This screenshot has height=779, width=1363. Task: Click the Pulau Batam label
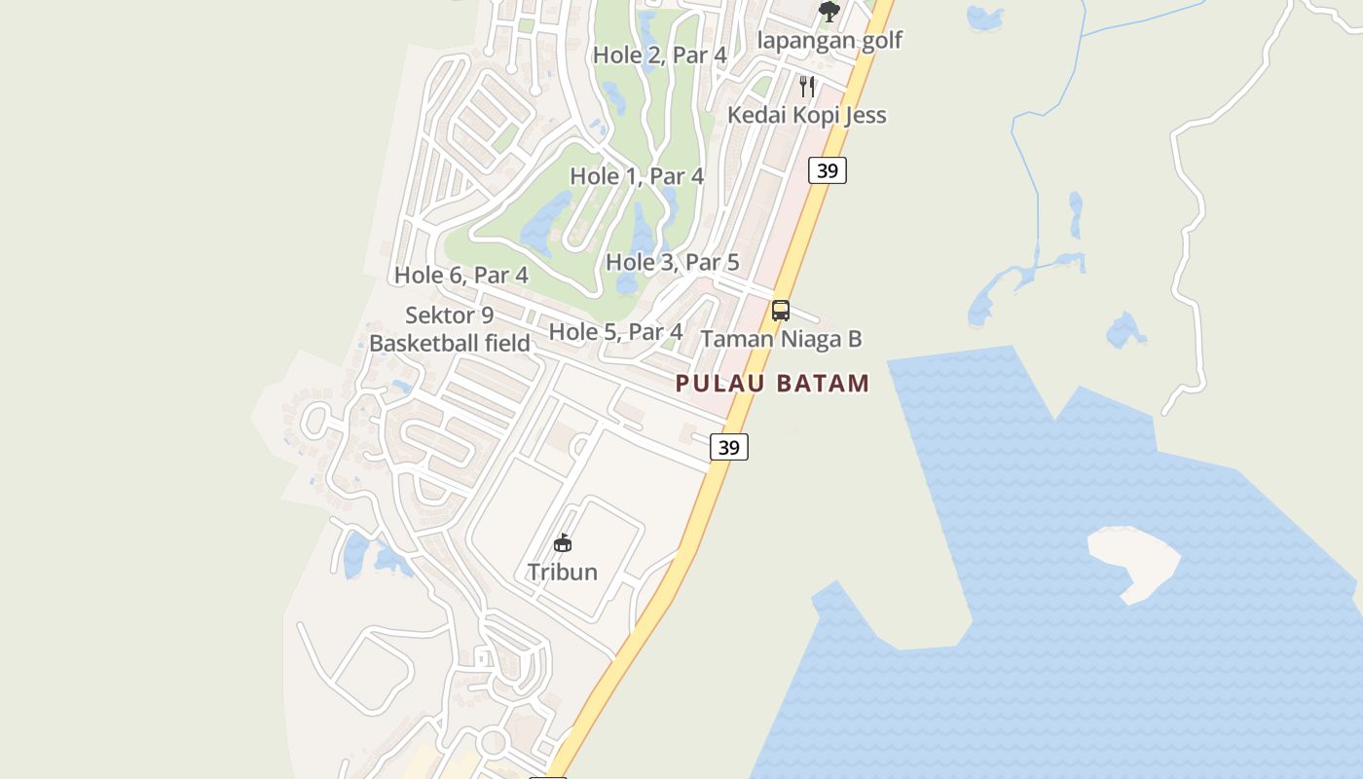[773, 383]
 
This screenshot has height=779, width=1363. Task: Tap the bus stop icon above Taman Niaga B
[781, 311]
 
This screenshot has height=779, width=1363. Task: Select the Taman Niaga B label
[781, 339]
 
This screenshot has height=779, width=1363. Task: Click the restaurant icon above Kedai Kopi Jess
[807, 86]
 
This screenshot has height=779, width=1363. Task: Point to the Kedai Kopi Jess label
[807, 115]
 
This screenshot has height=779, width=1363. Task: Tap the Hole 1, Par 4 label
[637, 176]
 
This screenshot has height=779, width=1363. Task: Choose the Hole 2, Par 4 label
[660, 55]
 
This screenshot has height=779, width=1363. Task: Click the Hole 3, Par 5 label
[673, 262]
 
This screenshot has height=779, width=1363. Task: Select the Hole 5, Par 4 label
[615, 331]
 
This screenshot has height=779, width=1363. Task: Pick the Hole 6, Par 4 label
[461, 275]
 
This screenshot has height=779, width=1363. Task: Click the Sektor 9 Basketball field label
[450, 329]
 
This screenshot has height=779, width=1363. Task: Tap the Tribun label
[563, 572]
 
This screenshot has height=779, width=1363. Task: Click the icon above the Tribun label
[563, 542]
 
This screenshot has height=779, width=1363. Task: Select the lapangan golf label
[829, 41]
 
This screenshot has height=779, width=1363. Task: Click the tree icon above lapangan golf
[829, 12]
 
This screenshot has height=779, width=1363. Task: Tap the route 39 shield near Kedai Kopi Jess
[828, 170]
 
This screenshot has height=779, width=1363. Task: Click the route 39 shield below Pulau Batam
[729, 447]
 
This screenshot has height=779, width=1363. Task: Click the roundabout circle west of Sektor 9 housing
[315, 422]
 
